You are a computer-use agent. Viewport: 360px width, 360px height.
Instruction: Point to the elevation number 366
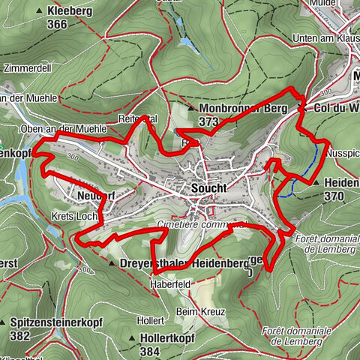click(x=56, y=24)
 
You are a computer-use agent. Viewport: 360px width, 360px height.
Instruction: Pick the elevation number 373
click(x=209, y=120)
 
